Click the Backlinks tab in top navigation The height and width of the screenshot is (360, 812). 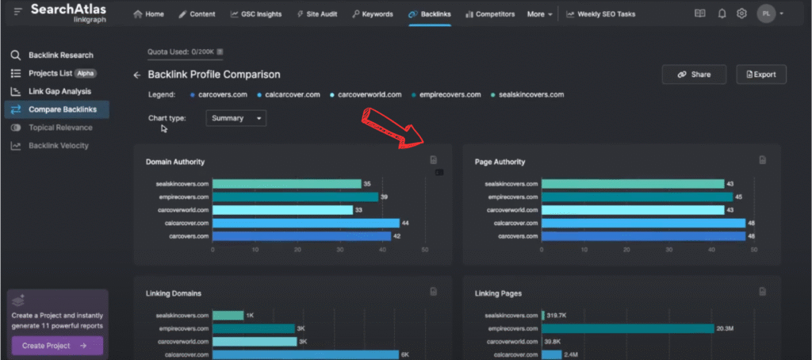[429, 14]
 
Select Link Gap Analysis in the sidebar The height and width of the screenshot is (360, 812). [59, 91]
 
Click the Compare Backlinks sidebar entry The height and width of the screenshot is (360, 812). [61, 109]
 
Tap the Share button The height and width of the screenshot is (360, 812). [694, 75]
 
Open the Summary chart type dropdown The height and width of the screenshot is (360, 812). [236, 118]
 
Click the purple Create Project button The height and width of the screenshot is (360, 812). [56, 346]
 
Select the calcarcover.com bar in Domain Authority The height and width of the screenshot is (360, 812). [294, 223]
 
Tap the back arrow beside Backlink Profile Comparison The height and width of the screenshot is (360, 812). [136, 75]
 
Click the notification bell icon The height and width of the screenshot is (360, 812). [722, 13]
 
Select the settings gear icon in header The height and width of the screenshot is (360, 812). [741, 13]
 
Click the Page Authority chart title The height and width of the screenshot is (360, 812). [500, 162]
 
